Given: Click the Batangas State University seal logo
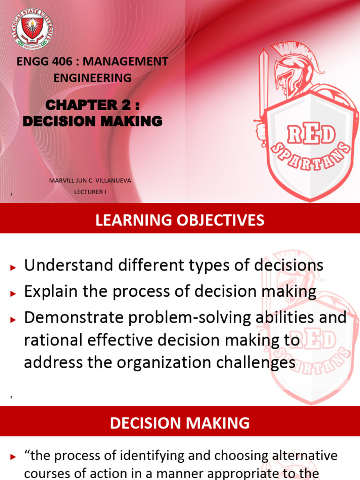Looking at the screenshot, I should point(31,29).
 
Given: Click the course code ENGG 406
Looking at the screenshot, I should point(42,61).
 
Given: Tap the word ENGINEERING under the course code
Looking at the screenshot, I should point(92,78).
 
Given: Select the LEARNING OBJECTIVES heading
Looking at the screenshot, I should point(180,220).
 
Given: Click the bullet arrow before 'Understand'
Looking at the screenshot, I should point(13,267).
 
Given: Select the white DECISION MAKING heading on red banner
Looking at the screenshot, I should point(180,423).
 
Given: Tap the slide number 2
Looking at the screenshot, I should point(11,397).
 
